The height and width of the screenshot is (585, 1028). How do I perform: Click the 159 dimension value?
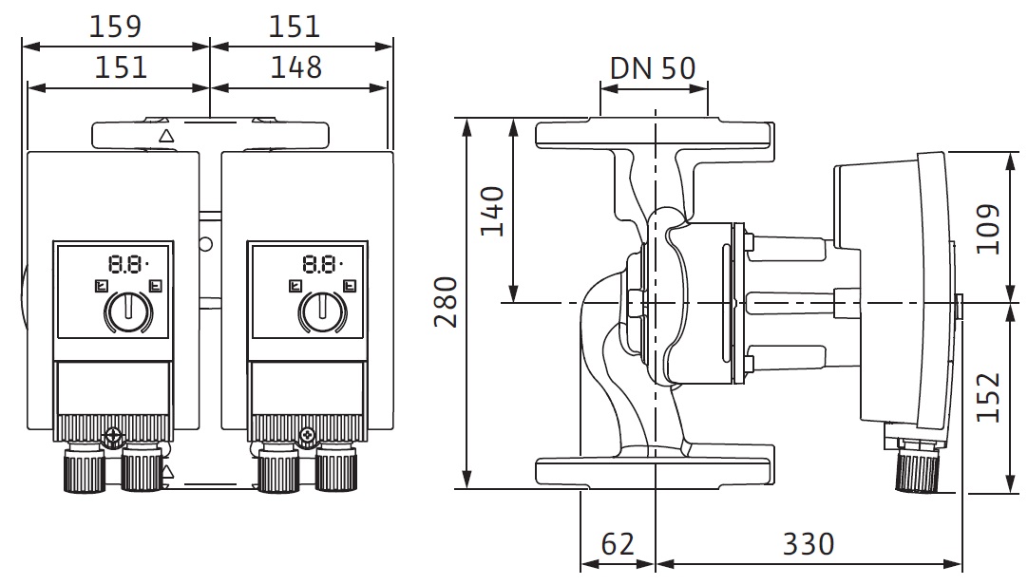click(115, 27)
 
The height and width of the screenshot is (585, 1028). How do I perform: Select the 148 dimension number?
click(296, 67)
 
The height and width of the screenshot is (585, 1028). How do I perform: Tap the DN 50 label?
click(653, 68)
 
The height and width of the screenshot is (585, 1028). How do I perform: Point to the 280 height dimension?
click(446, 302)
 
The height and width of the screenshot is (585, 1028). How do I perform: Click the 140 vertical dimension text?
click(492, 212)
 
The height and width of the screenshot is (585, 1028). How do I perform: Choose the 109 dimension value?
click(988, 229)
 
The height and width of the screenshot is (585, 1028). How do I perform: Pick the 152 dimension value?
click(988, 398)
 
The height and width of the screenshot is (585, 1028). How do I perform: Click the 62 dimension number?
click(618, 544)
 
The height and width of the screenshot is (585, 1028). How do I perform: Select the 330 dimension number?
click(809, 544)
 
